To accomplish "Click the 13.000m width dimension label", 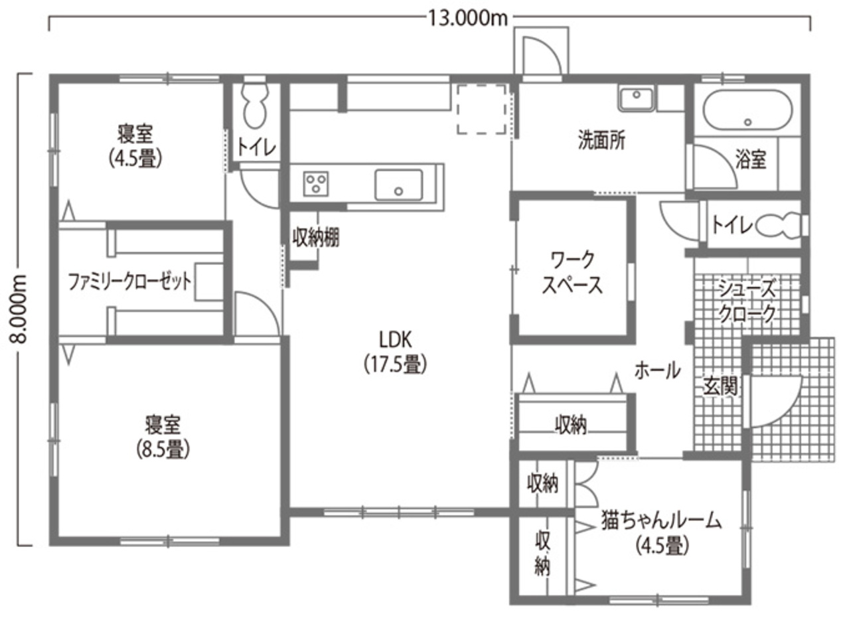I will (x=467, y=18).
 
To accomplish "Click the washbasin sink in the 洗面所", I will (x=637, y=100).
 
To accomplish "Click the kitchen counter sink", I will (x=398, y=184).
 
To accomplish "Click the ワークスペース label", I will (x=572, y=272).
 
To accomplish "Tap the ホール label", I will (x=657, y=370).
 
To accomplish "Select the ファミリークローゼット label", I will (x=130, y=281).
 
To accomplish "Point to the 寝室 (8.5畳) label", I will (x=163, y=437).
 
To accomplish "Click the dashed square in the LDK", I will (x=482, y=110).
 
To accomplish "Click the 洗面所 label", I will (x=601, y=141).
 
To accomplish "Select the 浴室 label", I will (x=751, y=159).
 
